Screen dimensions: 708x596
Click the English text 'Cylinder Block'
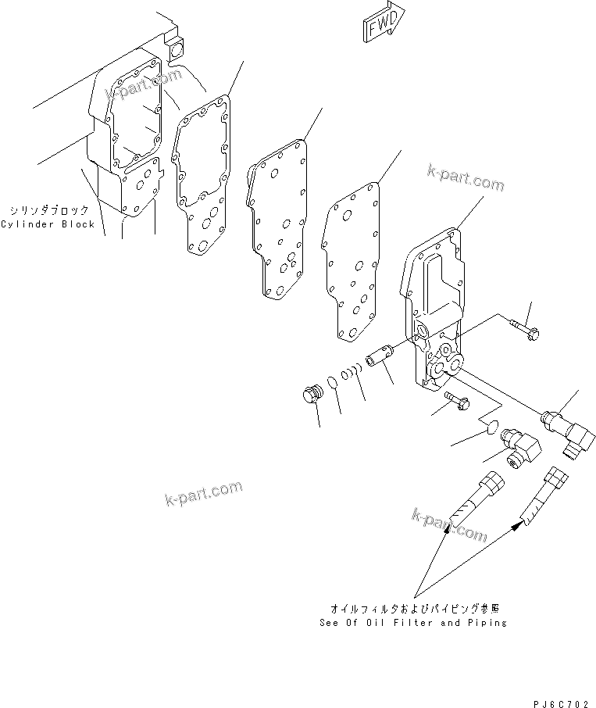[48, 224]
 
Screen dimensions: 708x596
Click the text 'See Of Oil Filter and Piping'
[413, 623]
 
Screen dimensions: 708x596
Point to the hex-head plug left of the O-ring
[312, 395]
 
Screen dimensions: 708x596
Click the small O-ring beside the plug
[332, 382]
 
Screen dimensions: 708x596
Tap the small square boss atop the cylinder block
[176, 48]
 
